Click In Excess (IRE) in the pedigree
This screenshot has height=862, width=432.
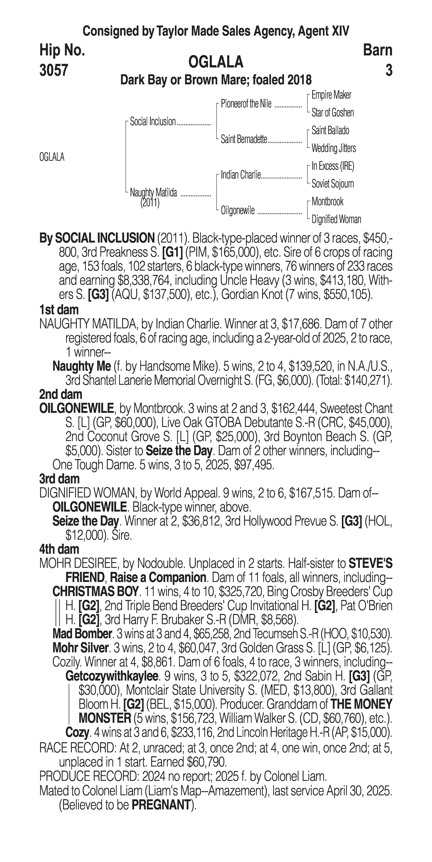pos(333,166)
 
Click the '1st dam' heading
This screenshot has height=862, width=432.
pos(59,310)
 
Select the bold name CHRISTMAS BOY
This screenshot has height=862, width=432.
pos(95,592)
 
